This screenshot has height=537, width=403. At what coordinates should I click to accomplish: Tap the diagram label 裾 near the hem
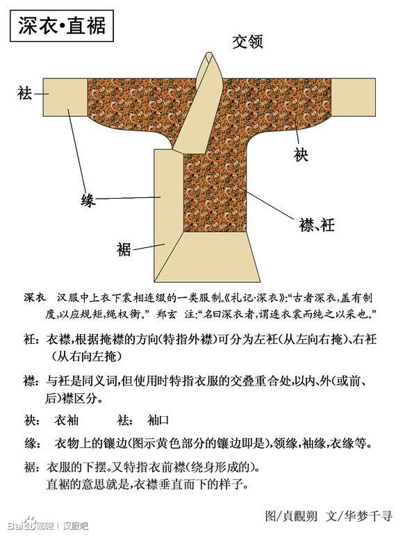point(124,249)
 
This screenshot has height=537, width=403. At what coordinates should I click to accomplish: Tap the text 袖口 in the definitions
point(158,420)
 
